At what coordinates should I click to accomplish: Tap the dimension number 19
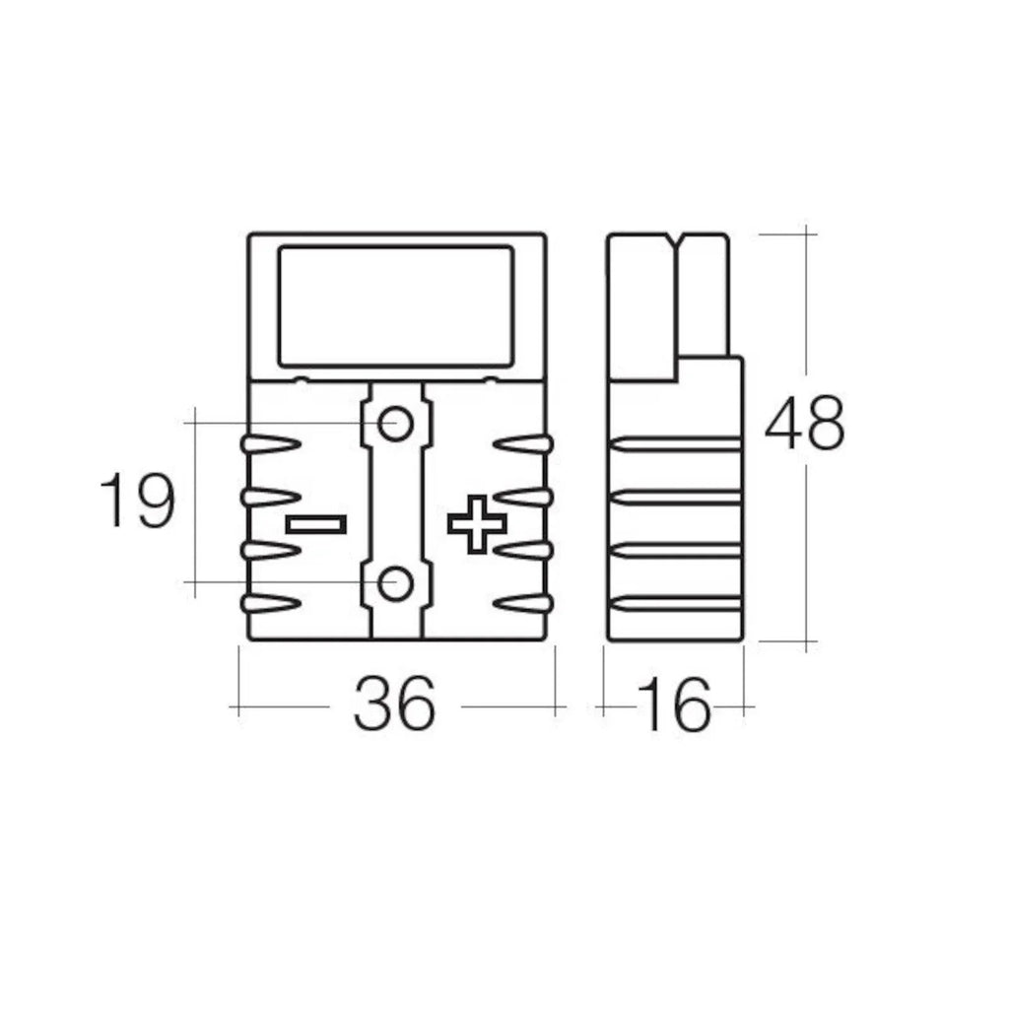coord(138,502)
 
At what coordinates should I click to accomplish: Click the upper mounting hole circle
coord(396,425)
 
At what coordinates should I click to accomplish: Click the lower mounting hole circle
coord(396,583)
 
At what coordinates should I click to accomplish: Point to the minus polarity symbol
coord(315,524)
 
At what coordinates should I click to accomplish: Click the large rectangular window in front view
coord(396,304)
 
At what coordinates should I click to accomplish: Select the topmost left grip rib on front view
coord(269,445)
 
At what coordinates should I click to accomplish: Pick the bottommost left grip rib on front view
coord(269,603)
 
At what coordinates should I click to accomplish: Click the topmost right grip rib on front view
coord(523,445)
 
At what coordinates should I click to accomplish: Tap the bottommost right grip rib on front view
coord(523,603)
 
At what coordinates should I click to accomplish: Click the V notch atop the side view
coord(676,240)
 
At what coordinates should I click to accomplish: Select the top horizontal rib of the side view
coord(676,444)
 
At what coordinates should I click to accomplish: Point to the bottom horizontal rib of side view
coord(676,604)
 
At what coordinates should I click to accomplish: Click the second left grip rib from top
coord(269,498)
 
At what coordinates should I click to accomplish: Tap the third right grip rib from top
coord(523,550)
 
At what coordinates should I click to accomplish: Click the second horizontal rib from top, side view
coord(676,498)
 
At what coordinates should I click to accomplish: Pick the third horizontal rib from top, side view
coord(676,551)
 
